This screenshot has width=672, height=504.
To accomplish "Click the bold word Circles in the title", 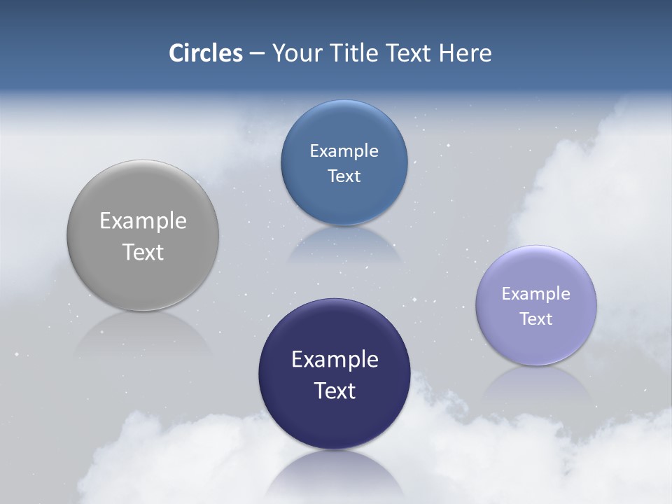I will [x=205, y=53].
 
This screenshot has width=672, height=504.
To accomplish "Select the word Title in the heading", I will [x=355, y=53].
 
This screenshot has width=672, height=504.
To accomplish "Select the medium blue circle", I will [x=344, y=203].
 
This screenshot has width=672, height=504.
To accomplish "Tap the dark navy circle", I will [x=334, y=420].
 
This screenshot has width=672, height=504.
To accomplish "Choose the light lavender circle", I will [x=536, y=343].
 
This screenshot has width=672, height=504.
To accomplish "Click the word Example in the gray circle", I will [x=143, y=221].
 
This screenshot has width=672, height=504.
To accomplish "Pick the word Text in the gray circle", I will [x=143, y=252].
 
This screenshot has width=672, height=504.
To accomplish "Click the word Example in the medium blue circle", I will [x=344, y=151].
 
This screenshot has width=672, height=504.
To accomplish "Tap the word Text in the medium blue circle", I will [x=344, y=176].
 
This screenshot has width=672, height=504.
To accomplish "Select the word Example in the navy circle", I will [x=335, y=360].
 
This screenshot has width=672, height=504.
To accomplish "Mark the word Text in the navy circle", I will [x=335, y=391].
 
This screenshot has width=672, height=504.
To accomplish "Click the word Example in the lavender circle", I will [x=536, y=294].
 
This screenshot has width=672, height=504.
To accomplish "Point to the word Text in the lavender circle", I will [x=536, y=319].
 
